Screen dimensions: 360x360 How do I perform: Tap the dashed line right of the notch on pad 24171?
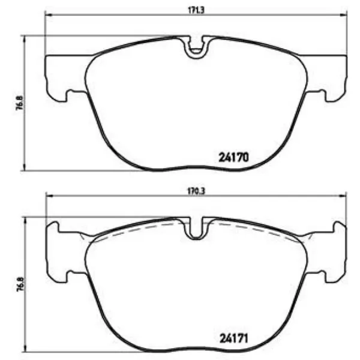[252, 229]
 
